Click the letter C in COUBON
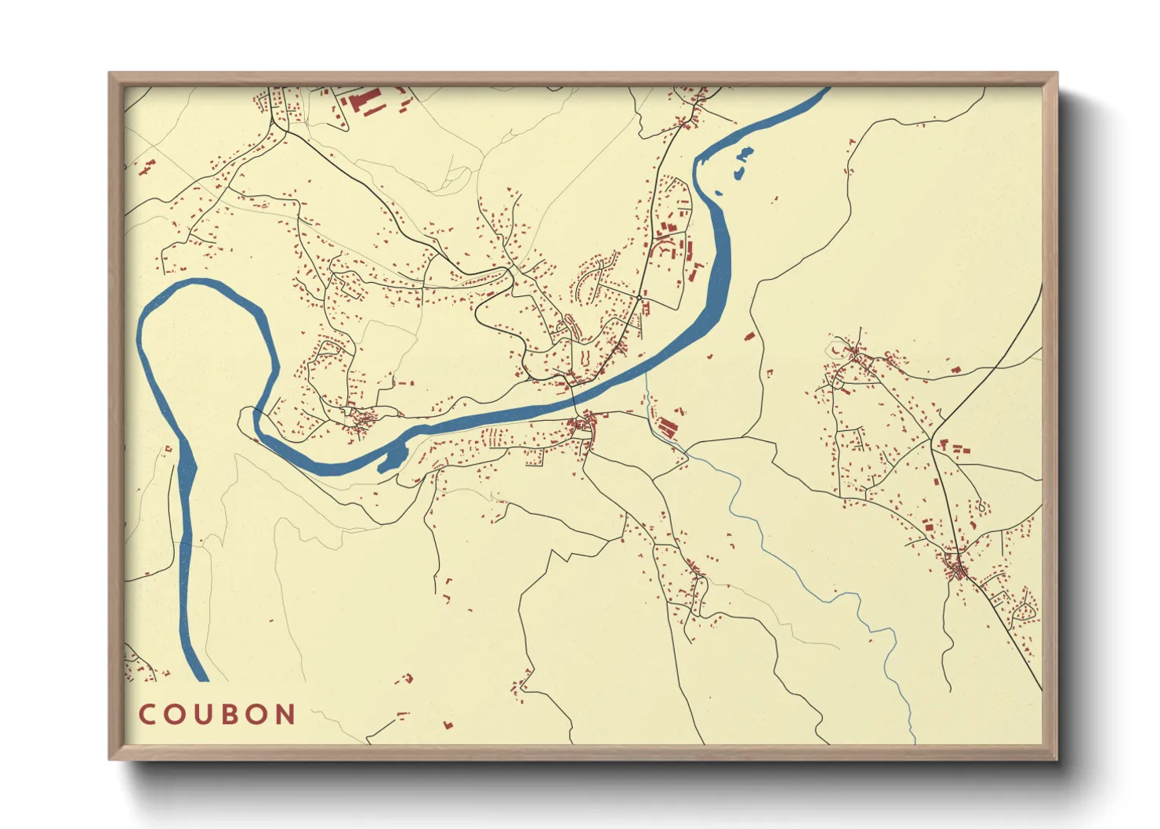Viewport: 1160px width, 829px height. [147, 715]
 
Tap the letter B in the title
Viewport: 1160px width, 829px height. [233, 715]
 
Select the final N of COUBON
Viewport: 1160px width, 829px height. [285, 715]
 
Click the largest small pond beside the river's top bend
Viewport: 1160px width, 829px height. [745, 154]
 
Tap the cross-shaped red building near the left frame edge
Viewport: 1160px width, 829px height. [147, 167]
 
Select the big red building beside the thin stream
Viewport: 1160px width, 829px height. [667, 428]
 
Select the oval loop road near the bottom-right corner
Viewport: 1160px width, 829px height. [1024, 610]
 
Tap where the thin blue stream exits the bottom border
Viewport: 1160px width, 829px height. [914, 742]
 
